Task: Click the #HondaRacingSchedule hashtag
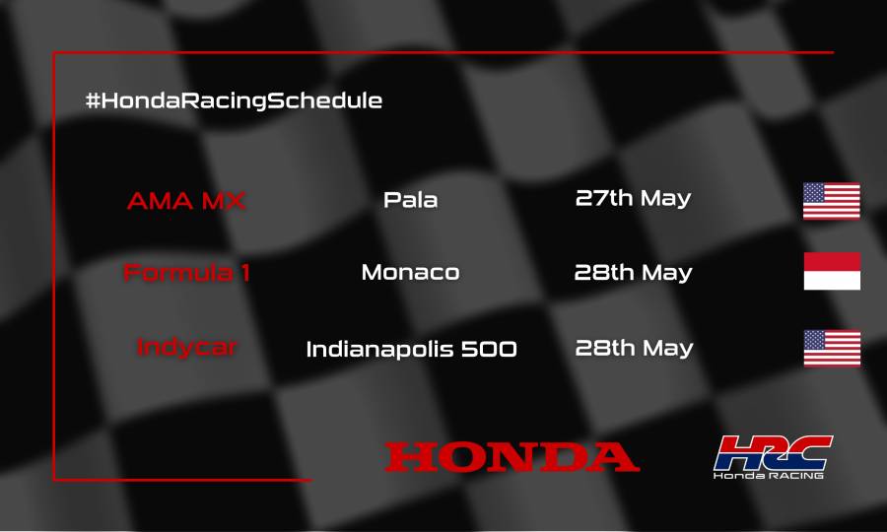[234, 100]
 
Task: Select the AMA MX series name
[186, 200]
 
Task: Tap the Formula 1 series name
[186, 273]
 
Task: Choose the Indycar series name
[186, 348]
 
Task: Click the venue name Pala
[410, 200]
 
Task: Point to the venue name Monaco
[410, 272]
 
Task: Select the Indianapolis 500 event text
[411, 349]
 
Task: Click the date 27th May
[633, 198]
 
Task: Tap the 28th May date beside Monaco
[633, 272]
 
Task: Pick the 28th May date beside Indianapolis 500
[633, 348]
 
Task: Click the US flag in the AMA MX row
[831, 201]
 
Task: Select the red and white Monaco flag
[831, 271]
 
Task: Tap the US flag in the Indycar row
[831, 348]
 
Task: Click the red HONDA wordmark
[512, 457]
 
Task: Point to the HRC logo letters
[773, 452]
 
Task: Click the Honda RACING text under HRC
[769, 476]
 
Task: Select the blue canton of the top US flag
[815, 193]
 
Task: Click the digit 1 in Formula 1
[243, 273]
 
